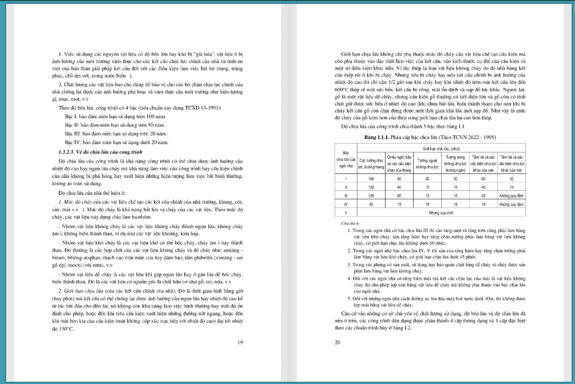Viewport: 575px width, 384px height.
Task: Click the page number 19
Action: click(240, 342)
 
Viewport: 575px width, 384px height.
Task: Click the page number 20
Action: click(337, 342)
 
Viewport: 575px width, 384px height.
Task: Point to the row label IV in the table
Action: click(346, 204)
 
